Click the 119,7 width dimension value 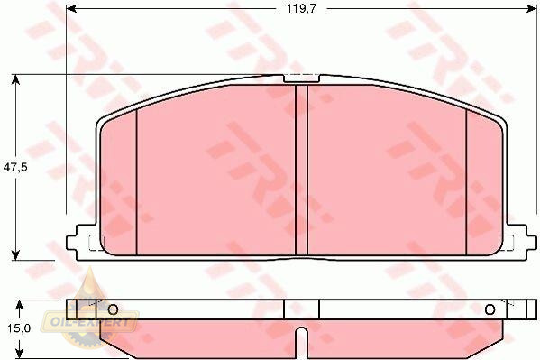tap(301, 9)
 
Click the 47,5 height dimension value tap(15, 168)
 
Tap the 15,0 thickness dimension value tap(19, 328)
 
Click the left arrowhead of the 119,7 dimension tap(71, 9)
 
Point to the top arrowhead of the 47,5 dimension tap(15, 79)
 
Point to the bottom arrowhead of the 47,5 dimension tap(15, 255)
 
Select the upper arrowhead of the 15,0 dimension tap(20, 305)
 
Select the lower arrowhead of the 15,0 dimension tap(20, 353)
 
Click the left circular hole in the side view tap(113, 309)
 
